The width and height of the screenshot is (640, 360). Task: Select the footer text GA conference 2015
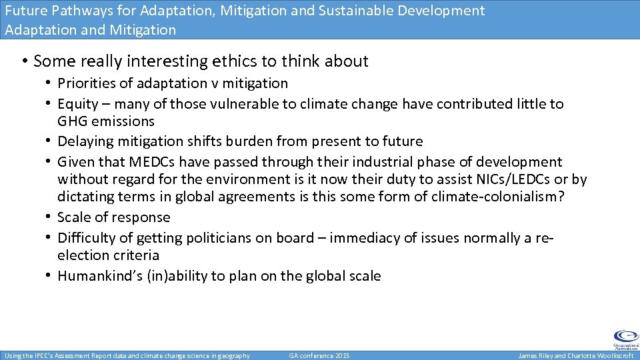(x=319, y=356)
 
